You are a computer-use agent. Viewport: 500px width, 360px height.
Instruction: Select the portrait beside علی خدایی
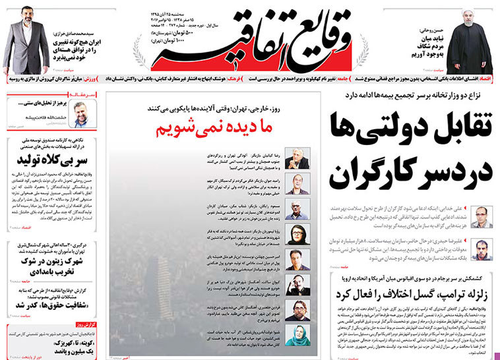(480, 216)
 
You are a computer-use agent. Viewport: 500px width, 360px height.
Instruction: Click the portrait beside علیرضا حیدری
(480, 248)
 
